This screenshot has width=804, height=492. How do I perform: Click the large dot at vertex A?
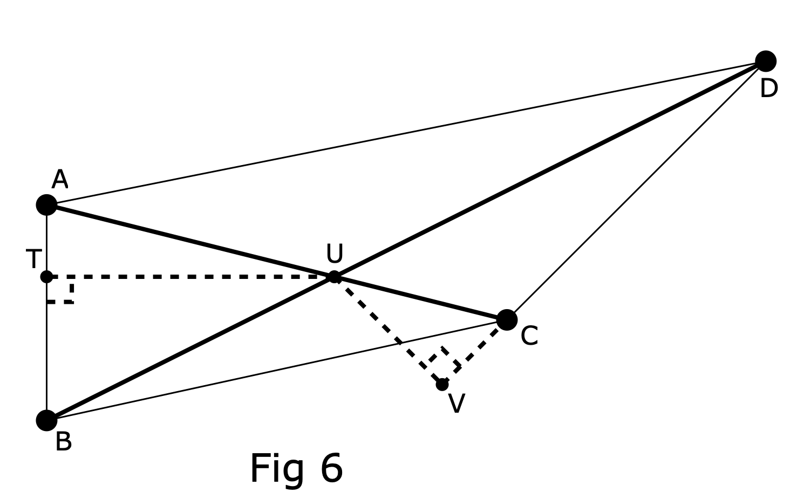tap(47, 205)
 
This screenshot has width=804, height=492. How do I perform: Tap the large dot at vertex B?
tap(47, 420)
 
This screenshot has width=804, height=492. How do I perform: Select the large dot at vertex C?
tap(507, 320)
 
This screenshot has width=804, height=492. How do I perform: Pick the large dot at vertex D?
tap(766, 61)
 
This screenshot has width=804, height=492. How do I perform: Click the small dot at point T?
tap(47, 277)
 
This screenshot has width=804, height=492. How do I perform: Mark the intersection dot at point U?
tap(335, 277)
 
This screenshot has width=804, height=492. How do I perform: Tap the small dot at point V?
tap(442, 385)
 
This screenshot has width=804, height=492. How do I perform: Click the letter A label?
tap(60, 180)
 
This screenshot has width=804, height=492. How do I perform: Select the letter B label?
tap(63, 442)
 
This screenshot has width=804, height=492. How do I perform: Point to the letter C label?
tap(529, 336)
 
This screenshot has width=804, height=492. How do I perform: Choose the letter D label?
tap(769, 88)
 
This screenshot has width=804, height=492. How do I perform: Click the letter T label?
tap(33, 259)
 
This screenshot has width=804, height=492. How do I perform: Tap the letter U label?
tap(335, 254)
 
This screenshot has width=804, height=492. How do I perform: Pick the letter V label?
tap(456, 404)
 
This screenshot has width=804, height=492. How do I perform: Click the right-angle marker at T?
tap(60, 290)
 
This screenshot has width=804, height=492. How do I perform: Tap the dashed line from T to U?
tap(189, 277)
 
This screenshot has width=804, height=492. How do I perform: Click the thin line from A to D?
tap(405, 133)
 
